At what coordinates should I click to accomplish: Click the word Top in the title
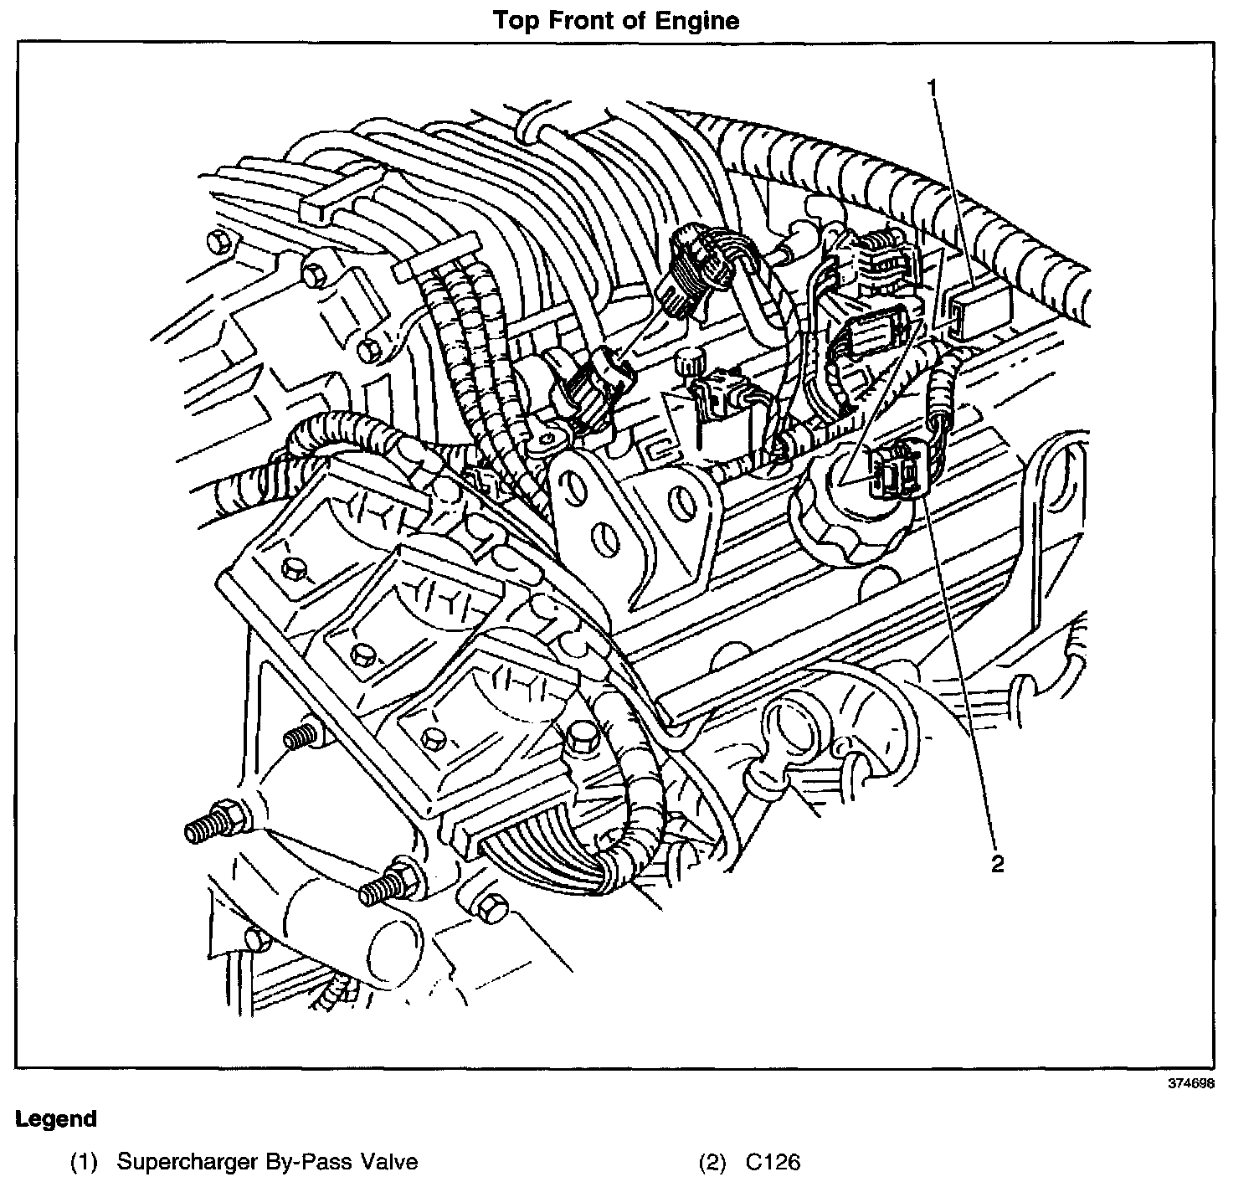coord(512,20)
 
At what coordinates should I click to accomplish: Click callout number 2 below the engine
coord(997,864)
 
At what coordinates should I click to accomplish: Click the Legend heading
coord(56,1119)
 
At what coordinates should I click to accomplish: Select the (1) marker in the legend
coord(85,1162)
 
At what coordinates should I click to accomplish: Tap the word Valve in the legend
coord(389,1162)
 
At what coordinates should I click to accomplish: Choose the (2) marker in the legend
coord(713,1162)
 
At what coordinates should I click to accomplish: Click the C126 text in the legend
coord(772,1162)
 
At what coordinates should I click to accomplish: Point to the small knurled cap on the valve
coord(688,364)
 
